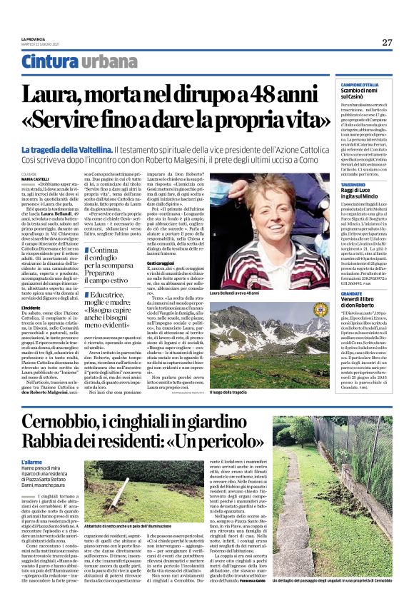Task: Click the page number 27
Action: tap(387, 42)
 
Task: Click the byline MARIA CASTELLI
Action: tap(36, 178)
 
